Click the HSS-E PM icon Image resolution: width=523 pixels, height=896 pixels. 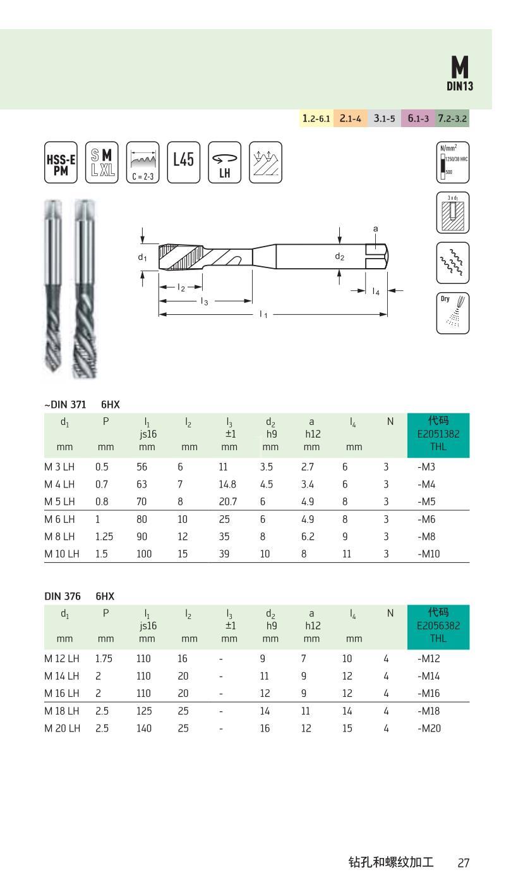point(61,163)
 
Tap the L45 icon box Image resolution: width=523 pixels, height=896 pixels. point(183,162)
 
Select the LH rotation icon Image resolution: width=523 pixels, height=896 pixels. point(225,163)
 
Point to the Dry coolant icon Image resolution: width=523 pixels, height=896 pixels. point(452,313)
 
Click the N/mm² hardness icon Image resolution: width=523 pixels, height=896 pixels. point(452,163)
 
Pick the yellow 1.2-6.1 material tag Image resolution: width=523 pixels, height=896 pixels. point(316,118)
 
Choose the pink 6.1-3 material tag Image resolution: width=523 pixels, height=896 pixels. point(418,118)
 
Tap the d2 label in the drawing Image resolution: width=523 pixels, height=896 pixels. point(340,257)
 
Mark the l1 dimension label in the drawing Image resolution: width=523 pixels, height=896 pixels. point(263,315)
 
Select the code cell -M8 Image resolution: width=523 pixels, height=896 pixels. point(426,536)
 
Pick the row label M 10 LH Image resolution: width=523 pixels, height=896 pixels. point(61,553)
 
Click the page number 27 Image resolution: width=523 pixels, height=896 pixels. point(464,863)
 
